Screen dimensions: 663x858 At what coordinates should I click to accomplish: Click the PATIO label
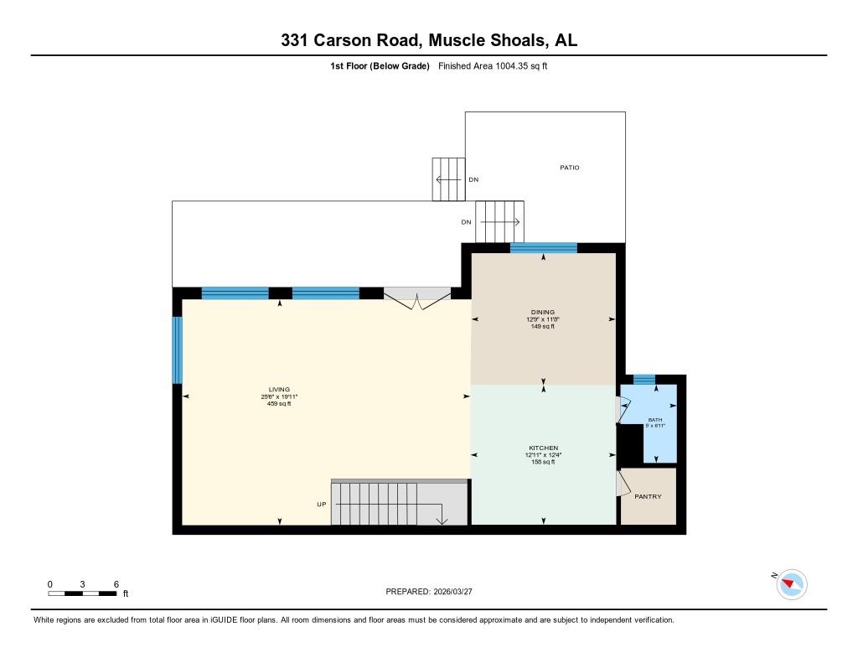pos(570,168)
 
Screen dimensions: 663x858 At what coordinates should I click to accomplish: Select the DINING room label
pos(543,312)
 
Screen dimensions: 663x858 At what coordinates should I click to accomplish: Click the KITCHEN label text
pos(543,448)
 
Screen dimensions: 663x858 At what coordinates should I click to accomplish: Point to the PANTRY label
pos(648,497)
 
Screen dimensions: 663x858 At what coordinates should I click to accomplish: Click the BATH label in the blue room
pos(655,420)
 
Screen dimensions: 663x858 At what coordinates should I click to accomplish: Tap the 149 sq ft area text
pos(543,326)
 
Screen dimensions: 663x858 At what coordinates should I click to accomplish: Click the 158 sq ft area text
pos(543,462)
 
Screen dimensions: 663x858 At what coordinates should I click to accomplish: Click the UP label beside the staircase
pos(321,505)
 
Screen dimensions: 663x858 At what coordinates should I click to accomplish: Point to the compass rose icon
pos(792,583)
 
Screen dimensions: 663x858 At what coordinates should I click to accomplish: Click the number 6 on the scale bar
pos(116,583)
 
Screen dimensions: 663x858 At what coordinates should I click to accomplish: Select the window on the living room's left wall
pos(177,350)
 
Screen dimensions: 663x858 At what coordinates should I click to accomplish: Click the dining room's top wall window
pos(543,247)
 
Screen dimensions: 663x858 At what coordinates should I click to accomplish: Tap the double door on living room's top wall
pos(416,298)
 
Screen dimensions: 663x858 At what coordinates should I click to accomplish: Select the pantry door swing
pos(622,484)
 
